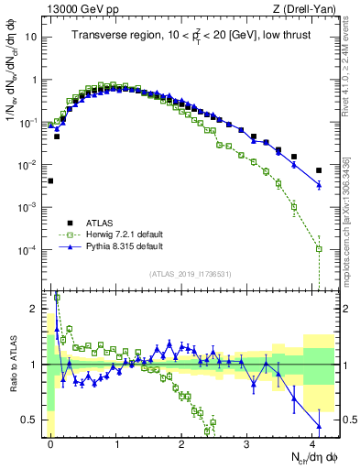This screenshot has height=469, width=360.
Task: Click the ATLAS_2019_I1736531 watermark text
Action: coord(190,275)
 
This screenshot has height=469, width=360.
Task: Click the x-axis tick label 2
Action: coord(182,443)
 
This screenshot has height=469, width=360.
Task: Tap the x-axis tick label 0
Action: coord(50,443)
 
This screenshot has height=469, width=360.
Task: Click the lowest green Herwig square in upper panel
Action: coord(319,249)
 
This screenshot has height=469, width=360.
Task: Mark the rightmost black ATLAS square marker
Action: coord(319,170)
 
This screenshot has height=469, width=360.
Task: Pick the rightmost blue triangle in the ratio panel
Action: coord(319,426)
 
